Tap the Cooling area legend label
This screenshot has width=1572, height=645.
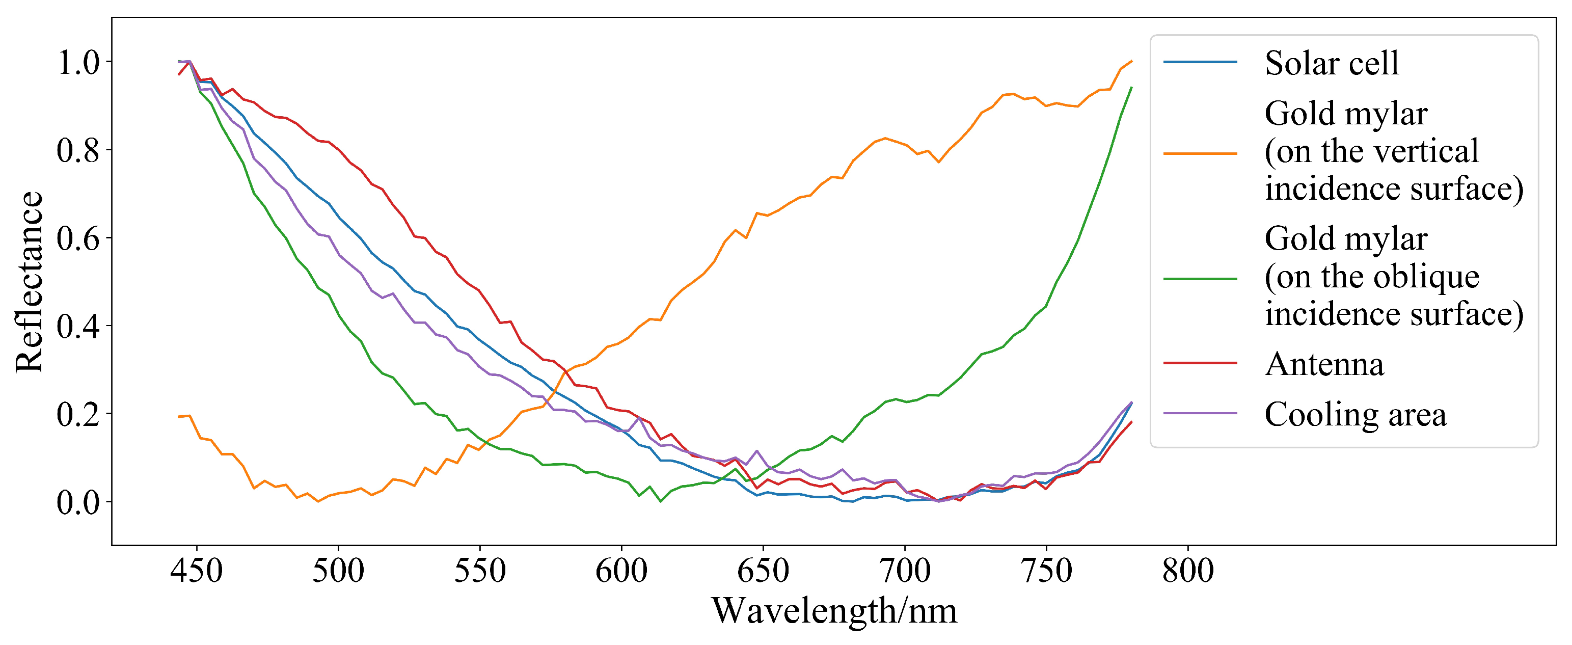point(1355,414)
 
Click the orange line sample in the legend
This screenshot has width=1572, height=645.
point(1200,153)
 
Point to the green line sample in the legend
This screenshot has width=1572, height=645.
point(1200,279)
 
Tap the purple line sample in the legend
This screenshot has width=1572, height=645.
point(1200,414)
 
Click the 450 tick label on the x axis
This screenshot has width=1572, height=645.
point(197,571)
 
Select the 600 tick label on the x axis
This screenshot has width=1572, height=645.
point(621,571)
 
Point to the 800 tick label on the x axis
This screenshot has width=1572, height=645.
point(1187,571)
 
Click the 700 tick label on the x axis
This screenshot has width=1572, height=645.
point(904,571)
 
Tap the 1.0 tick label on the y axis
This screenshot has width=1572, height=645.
point(77,62)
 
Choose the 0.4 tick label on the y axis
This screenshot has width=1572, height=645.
point(77,327)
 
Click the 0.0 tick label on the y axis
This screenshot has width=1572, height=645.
point(77,502)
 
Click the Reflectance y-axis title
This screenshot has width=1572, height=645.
point(30,282)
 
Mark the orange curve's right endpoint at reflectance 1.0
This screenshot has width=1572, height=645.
point(1131,61)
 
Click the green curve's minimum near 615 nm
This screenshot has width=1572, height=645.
point(660,501)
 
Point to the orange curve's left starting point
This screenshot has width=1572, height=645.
point(179,417)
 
